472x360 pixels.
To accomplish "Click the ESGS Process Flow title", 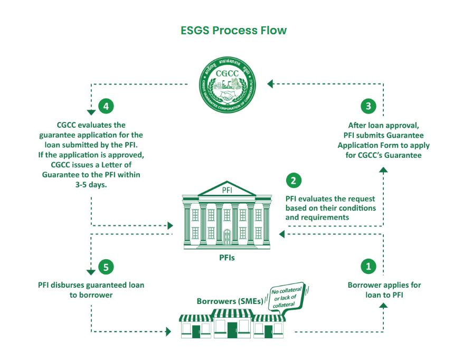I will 234,30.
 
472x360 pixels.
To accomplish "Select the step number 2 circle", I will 294,181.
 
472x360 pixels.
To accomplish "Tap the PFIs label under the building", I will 227,259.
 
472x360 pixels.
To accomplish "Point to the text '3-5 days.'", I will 91,184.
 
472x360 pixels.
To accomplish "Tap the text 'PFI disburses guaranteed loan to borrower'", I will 91,290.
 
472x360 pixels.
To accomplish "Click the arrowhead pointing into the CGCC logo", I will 270,83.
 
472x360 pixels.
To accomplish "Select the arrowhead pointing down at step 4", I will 91,111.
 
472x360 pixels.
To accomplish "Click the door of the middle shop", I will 230,329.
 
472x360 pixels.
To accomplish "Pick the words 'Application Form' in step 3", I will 366,145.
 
